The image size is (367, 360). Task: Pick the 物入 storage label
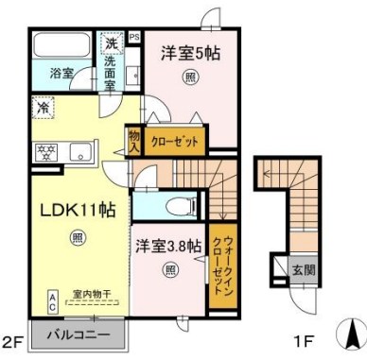(133, 143)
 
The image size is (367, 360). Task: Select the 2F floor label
(11, 342)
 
